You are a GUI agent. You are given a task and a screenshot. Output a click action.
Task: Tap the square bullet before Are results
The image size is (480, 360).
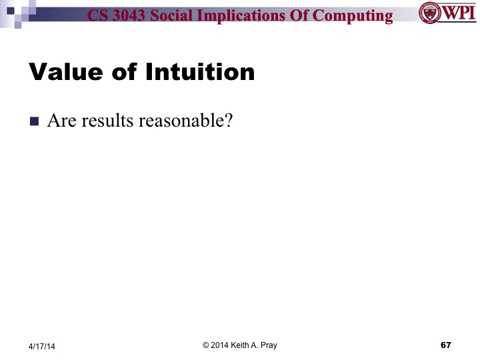35,122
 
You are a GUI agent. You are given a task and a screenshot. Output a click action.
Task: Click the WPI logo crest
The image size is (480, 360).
430,13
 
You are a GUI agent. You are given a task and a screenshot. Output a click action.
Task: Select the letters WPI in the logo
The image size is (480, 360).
458,13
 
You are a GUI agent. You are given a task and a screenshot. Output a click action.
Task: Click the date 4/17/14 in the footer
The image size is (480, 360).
42,346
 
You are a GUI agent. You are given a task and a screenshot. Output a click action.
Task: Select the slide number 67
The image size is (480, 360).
446,345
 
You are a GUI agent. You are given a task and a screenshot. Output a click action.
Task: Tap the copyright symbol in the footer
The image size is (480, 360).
206,345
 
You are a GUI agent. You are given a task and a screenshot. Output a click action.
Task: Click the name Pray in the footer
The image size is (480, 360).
268,345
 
